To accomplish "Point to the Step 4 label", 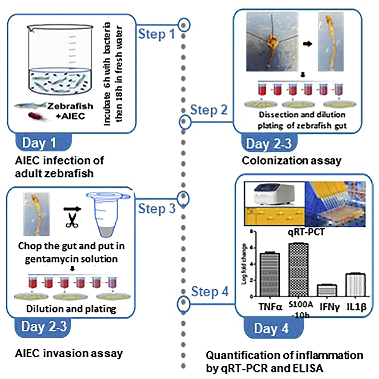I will pyautogui.click(x=209, y=292).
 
